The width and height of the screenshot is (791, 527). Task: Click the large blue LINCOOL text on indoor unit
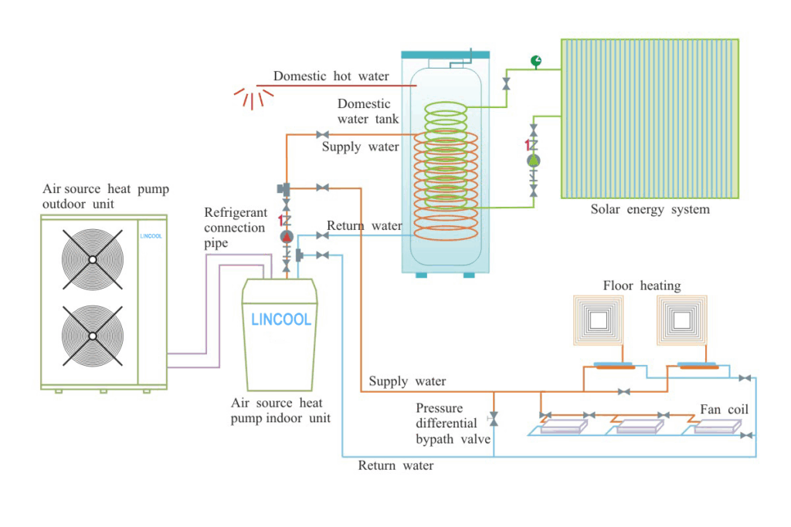click(x=280, y=319)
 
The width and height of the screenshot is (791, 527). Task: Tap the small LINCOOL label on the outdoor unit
click(x=151, y=237)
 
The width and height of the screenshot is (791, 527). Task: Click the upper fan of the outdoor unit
click(x=92, y=260)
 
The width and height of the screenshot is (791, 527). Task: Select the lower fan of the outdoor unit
click(x=92, y=336)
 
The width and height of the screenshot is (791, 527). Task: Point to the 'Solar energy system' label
click(x=650, y=209)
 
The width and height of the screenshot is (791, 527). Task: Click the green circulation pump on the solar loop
click(x=533, y=160)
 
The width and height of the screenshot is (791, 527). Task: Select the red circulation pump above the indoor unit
click(x=287, y=237)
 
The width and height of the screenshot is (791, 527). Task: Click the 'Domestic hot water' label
click(x=331, y=76)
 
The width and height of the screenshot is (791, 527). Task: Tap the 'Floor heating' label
click(x=642, y=286)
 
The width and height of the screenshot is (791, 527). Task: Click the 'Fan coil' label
click(x=724, y=409)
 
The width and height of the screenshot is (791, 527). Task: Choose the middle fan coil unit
click(x=640, y=426)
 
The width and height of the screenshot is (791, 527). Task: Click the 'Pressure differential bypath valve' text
click(x=453, y=424)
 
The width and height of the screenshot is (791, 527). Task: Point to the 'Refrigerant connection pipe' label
click(x=236, y=227)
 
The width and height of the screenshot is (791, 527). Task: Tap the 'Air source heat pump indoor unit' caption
click(x=280, y=410)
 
